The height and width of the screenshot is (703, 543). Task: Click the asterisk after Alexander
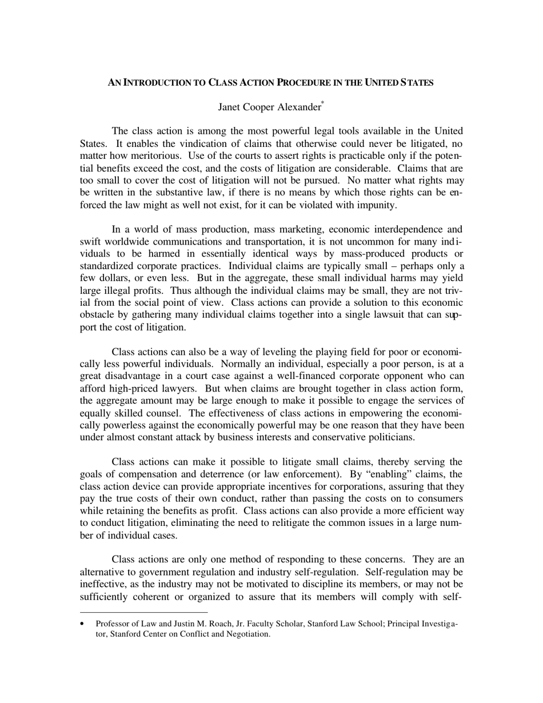(x=322, y=103)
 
